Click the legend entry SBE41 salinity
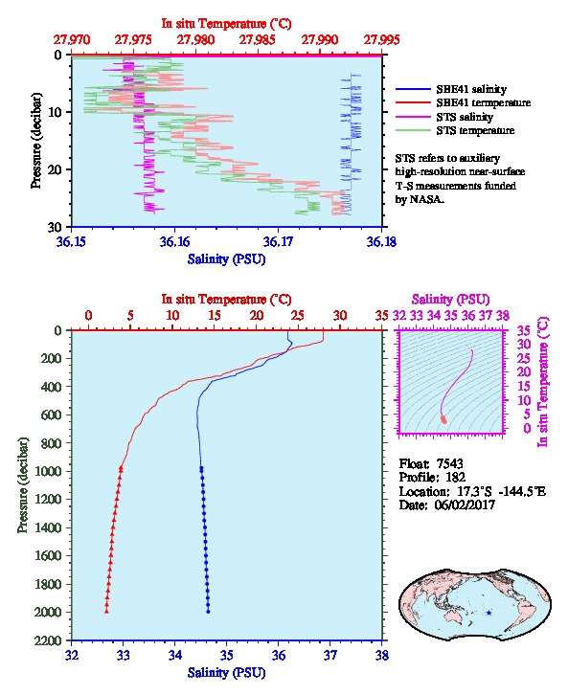[451, 89]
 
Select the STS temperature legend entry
[455, 130]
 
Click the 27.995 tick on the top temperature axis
[381, 40]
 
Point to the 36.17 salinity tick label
[278, 241]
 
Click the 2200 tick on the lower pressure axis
[50, 640]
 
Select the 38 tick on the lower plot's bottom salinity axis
[382, 655]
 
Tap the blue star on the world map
[488, 613]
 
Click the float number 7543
[449, 463]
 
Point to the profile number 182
[455, 477]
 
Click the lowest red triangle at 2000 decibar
[106, 612]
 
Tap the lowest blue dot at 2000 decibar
[208, 612]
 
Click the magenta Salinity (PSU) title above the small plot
[450, 300]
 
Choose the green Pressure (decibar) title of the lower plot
[23, 485]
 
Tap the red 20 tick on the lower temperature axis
[256, 316]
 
